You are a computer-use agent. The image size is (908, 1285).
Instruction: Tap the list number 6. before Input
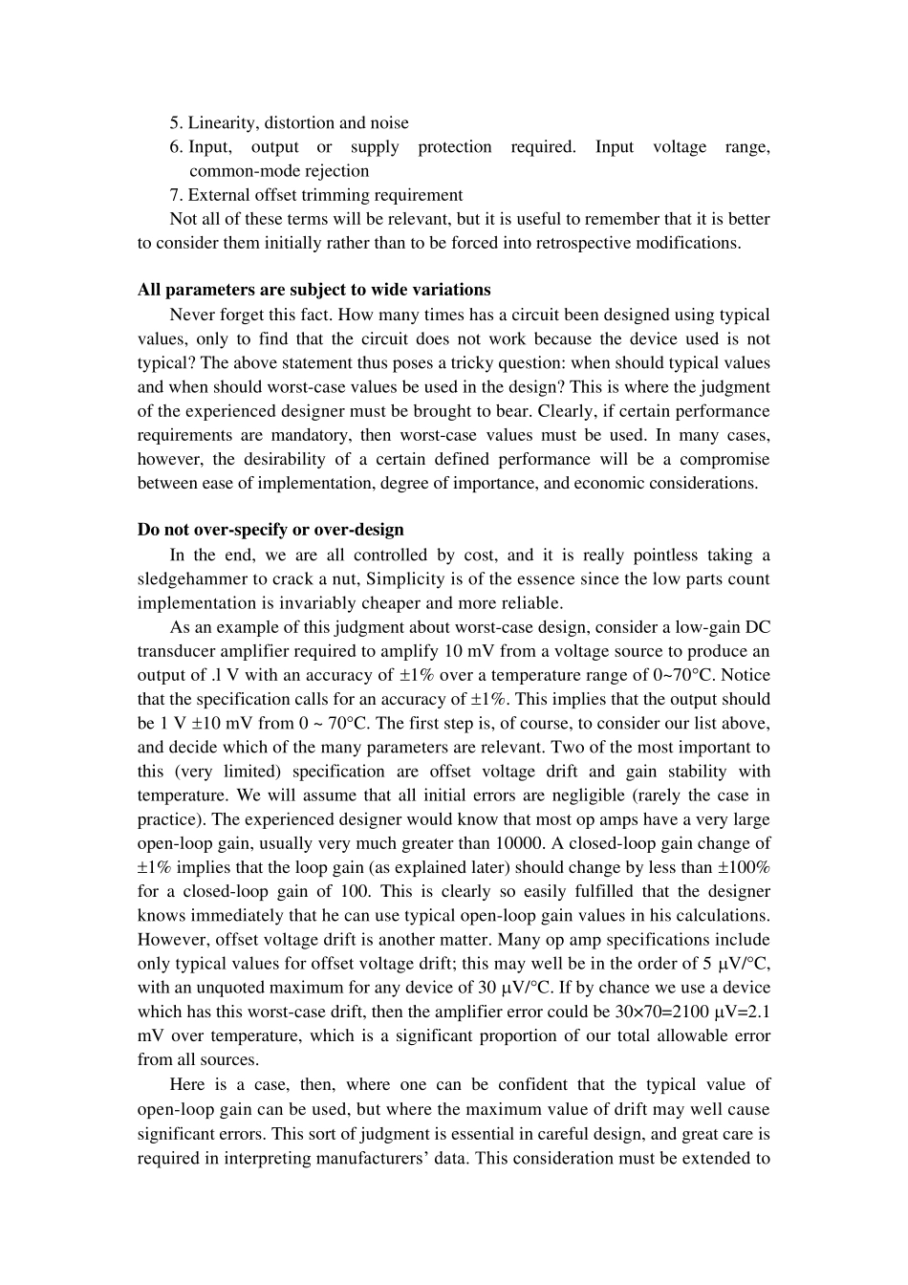pyautogui.click(x=177, y=147)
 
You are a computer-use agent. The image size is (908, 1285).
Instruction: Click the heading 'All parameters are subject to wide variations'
pyautogui.click(x=313, y=290)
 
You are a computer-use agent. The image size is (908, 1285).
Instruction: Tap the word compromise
pyautogui.click(x=724, y=459)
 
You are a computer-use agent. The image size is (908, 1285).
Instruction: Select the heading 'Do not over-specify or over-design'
pyautogui.click(x=270, y=530)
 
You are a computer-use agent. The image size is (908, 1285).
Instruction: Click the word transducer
pyautogui.click(x=182, y=652)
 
